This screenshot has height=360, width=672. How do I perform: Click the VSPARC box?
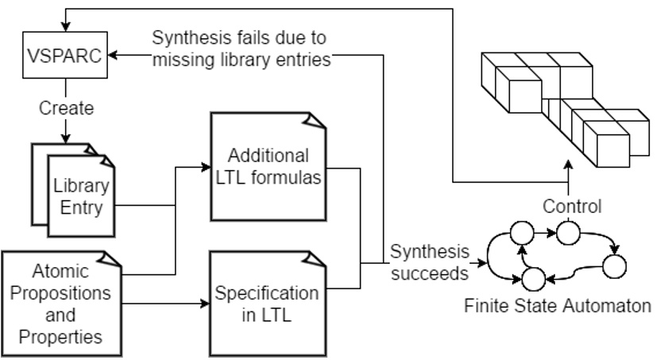click(x=66, y=56)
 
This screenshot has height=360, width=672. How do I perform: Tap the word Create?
click(x=66, y=107)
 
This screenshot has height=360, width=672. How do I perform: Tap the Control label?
click(x=571, y=207)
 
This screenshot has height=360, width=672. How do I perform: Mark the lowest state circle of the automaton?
click(x=533, y=278)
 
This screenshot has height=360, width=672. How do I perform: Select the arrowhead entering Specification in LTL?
click(x=203, y=303)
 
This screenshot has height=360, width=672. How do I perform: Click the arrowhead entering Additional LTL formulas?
click(x=203, y=167)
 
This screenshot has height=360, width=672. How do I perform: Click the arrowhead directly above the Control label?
click(x=568, y=166)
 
